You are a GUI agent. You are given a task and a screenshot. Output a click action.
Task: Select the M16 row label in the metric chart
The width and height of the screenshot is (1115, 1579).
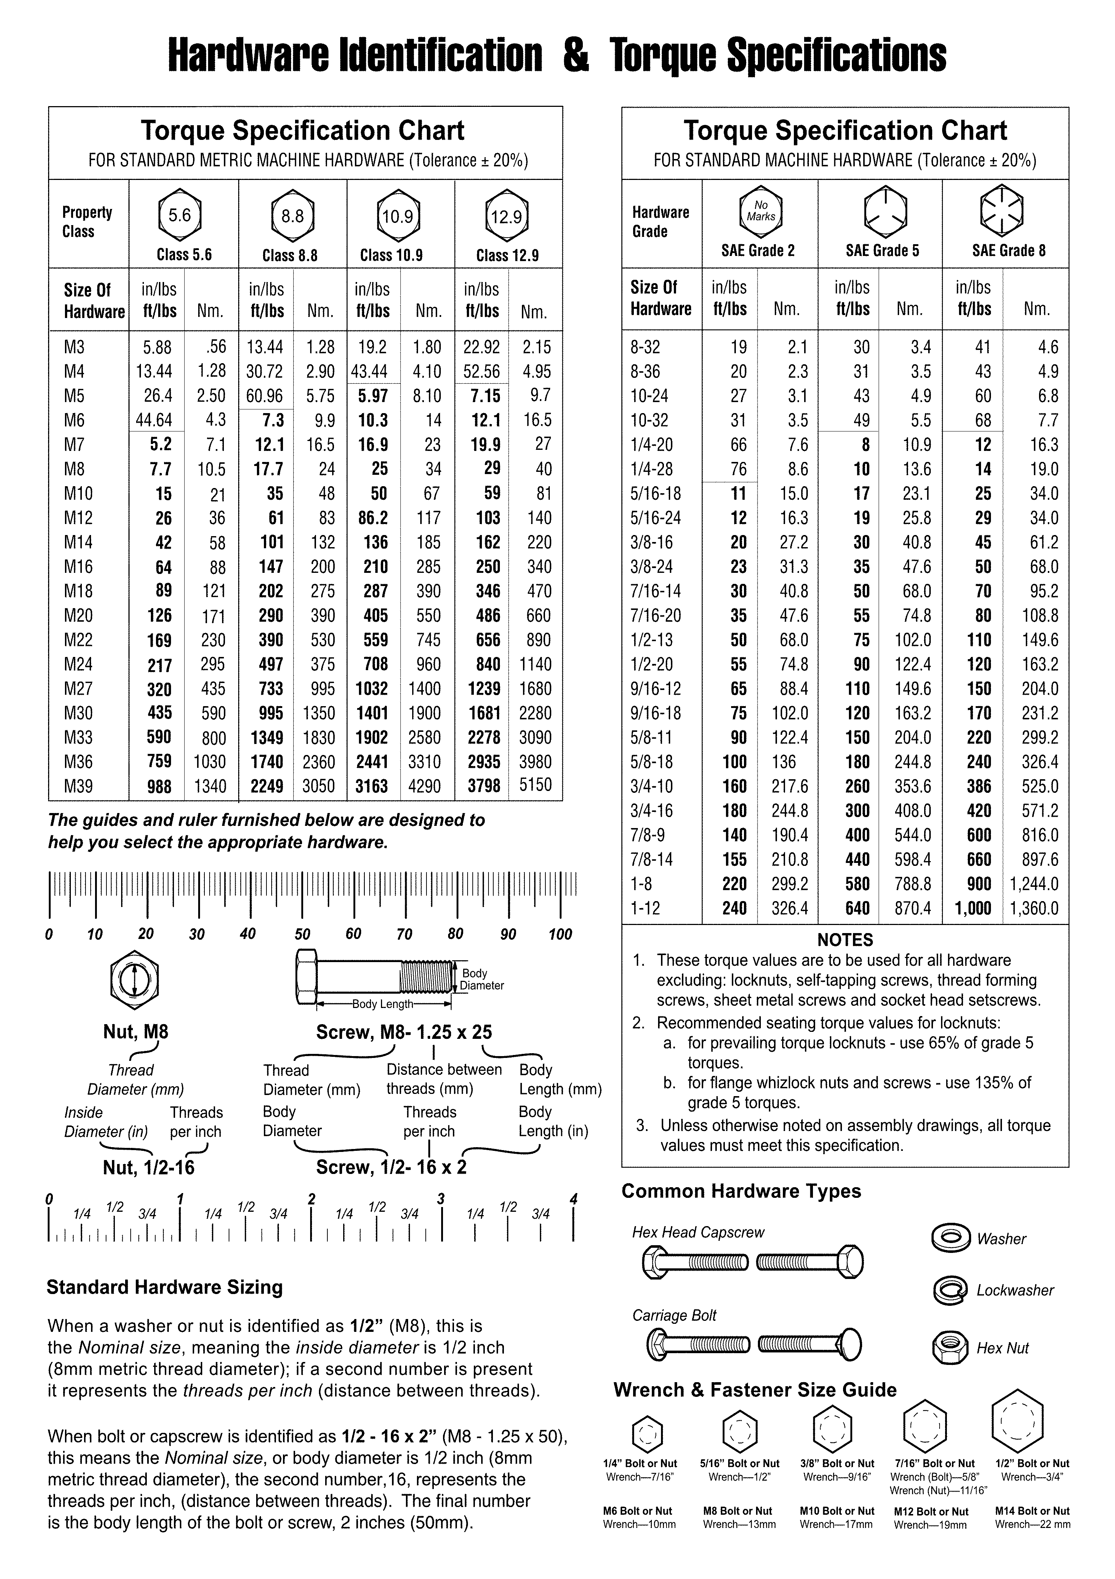coord(79,567)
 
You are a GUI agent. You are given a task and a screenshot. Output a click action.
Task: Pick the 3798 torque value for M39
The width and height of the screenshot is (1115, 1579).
coord(484,786)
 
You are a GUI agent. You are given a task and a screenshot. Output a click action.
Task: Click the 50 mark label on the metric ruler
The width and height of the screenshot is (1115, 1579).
coord(302,934)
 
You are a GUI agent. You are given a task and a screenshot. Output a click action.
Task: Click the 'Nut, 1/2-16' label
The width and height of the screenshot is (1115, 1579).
coord(149,1168)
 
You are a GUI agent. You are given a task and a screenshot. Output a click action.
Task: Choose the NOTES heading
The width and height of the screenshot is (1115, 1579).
coord(845,940)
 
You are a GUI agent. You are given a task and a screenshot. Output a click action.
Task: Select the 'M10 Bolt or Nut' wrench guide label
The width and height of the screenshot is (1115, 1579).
coord(836,1511)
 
